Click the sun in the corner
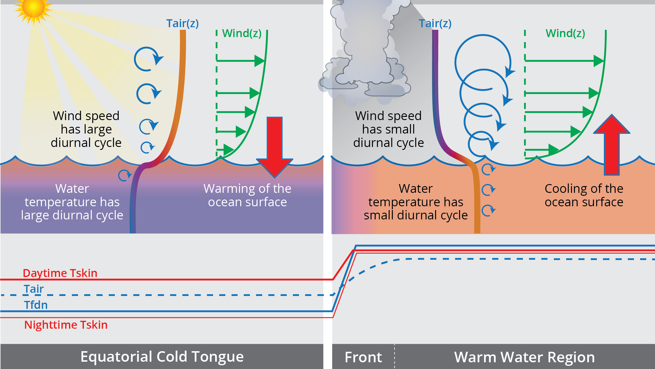(x=33, y=8)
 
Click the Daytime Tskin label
(x=60, y=273)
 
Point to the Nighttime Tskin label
(x=66, y=325)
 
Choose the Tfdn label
(x=36, y=305)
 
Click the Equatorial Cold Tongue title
(x=162, y=357)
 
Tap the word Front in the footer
(x=363, y=357)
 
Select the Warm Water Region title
(x=524, y=357)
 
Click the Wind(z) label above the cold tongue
(x=242, y=33)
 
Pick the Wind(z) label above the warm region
(x=565, y=33)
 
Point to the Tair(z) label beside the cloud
(x=435, y=23)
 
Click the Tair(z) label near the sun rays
(x=182, y=23)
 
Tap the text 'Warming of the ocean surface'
(x=247, y=195)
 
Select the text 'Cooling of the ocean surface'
(x=584, y=195)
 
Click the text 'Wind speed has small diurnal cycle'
(x=388, y=129)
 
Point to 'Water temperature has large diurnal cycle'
(x=72, y=202)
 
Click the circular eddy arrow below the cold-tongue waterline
(x=125, y=175)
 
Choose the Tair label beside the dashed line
(x=34, y=289)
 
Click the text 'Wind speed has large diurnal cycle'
(x=86, y=129)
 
